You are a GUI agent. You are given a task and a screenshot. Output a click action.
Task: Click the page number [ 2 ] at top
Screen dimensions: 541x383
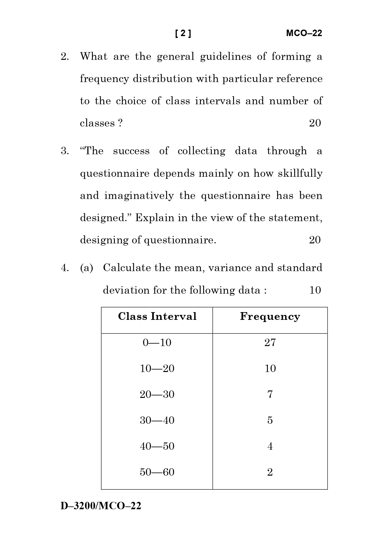[x=183, y=33]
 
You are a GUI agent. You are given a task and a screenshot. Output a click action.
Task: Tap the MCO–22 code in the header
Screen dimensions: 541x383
[x=304, y=33]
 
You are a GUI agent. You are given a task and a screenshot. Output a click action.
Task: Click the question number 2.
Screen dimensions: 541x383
[x=65, y=57]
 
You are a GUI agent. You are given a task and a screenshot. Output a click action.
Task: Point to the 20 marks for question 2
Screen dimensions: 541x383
[x=315, y=123]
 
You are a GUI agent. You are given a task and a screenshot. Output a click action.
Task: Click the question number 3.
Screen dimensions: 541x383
[x=65, y=151]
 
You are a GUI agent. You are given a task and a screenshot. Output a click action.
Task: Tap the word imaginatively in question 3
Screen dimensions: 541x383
[x=139, y=196]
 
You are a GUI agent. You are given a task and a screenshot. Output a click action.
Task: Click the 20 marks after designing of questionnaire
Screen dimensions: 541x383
[x=315, y=240]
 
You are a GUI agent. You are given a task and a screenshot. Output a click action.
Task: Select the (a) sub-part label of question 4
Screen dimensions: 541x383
[x=86, y=268]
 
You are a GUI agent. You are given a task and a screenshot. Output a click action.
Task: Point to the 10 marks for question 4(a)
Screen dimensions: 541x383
[x=315, y=290]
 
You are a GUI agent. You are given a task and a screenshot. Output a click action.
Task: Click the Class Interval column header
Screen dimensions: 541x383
[x=157, y=316]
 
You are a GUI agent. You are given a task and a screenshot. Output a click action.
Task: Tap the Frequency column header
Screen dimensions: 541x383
[x=270, y=317]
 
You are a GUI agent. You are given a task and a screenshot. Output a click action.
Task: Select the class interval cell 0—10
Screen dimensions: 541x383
[x=157, y=343]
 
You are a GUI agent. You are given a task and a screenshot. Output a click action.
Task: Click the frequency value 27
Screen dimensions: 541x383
[x=270, y=343]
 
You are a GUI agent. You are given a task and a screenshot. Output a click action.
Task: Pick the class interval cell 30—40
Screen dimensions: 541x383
[x=157, y=420]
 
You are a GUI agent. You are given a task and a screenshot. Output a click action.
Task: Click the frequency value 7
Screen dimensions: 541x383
[x=270, y=394]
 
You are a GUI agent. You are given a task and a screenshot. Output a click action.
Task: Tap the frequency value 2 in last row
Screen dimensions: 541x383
[x=270, y=472]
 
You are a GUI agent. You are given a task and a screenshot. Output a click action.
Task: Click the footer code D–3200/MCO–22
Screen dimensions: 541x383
[x=101, y=506]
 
